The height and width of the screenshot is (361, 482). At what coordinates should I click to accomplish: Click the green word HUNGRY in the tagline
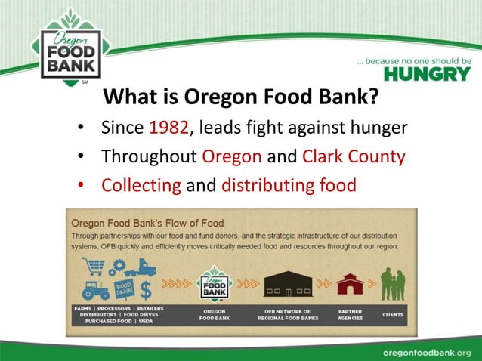427,73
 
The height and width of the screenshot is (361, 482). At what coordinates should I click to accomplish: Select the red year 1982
168,127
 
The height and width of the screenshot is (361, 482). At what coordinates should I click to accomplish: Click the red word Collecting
141,185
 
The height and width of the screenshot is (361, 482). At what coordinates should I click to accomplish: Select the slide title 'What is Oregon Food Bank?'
241,98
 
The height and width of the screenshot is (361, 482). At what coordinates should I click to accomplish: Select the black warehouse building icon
288,282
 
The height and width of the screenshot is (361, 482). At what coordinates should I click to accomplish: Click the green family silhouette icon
392,283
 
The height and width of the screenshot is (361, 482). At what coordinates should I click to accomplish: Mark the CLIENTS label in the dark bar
392,314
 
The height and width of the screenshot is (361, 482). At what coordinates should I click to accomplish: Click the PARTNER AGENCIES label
350,315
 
